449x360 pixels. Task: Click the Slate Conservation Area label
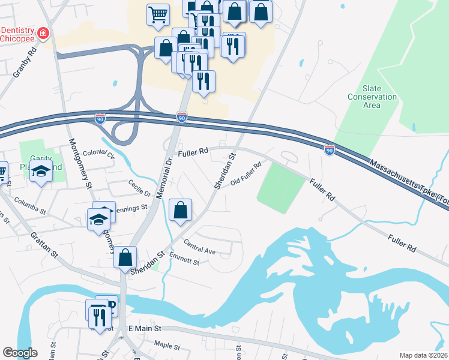tap(372, 97)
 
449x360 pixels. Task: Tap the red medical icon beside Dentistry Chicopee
tap(43, 34)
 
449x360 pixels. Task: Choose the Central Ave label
tap(200, 247)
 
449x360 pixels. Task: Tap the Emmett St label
tap(184, 260)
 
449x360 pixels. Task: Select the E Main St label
tap(145, 329)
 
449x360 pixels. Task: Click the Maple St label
tap(167, 346)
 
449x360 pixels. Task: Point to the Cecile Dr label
tap(139, 188)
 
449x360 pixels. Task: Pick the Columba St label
tap(30, 205)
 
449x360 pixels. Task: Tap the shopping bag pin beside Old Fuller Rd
tap(180, 210)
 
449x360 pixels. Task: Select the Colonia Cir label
tap(98, 154)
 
